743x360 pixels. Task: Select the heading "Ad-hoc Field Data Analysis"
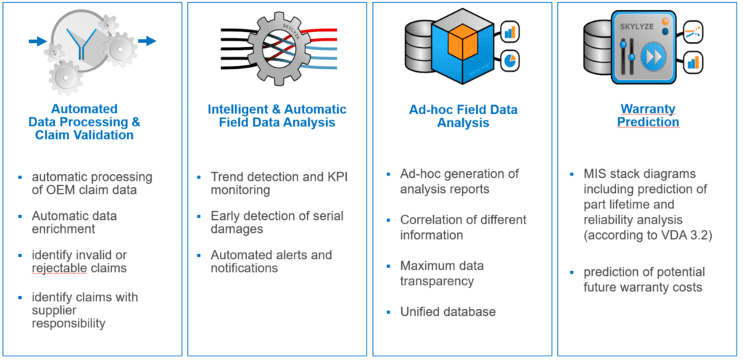click(x=464, y=117)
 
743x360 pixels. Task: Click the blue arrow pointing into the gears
click(x=36, y=41)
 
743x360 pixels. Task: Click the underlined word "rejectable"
click(x=59, y=269)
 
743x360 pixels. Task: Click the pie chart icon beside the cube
click(x=509, y=61)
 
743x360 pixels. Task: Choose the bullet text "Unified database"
click(x=448, y=311)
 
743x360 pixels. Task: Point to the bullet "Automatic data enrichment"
click(x=75, y=222)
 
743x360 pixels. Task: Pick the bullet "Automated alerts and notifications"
click(x=271, y=261)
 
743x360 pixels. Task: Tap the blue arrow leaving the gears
click(x=147, y=41)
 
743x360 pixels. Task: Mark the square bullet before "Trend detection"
click(x=200, y=177)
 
